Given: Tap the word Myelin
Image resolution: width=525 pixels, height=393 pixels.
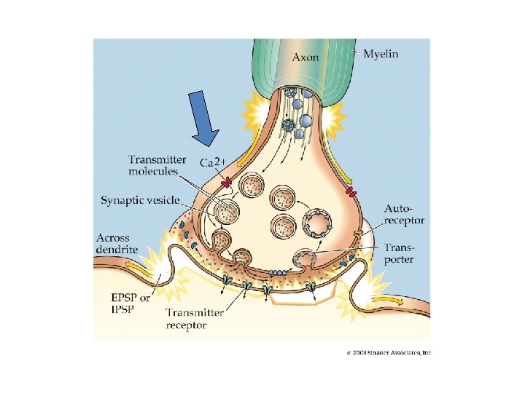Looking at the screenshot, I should [x=381, y=54].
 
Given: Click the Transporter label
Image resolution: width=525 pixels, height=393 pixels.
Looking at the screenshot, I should [x=400, y=253].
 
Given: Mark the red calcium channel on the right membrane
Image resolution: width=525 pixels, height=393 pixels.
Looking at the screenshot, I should [x=352, y=192].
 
